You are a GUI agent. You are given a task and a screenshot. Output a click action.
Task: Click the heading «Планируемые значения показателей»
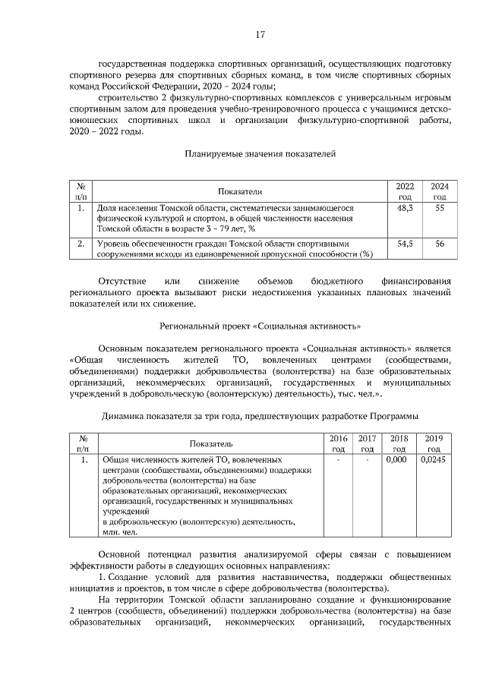pos(260,153)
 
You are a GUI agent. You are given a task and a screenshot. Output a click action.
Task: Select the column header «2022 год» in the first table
pos(405,191)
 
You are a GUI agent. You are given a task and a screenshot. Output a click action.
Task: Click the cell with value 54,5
pos(405,244)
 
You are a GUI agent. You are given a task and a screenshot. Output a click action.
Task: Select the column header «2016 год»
pos(338,443)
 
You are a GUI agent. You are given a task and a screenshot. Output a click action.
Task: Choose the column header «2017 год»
pos(367,443)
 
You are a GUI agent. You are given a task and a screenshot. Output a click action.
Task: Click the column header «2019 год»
pos(434,443)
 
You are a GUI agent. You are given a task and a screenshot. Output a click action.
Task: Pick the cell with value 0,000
pos(396,460)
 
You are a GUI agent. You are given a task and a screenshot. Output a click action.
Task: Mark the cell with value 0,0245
pos(432,460)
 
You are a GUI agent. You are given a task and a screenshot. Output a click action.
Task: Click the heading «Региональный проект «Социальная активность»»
pos(260,326)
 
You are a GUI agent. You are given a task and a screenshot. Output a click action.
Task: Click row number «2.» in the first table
pos(80,244)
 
